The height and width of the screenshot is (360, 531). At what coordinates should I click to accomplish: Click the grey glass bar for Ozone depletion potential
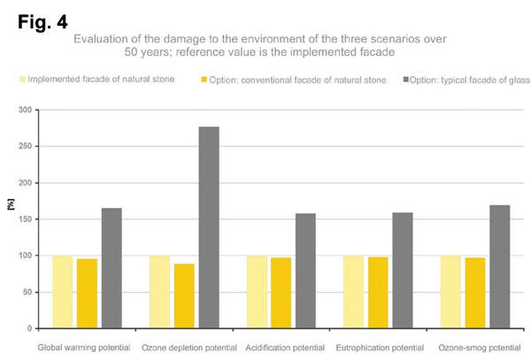(209, 227)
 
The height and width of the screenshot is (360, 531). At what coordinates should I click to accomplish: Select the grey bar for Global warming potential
(112, 268)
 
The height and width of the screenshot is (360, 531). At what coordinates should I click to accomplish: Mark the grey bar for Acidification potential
(305, 271)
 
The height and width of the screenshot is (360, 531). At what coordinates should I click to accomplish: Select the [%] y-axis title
(11, 218)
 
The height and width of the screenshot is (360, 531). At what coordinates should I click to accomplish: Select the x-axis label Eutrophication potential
(378, 346)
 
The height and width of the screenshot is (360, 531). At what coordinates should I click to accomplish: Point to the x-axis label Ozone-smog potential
(475, 346)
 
